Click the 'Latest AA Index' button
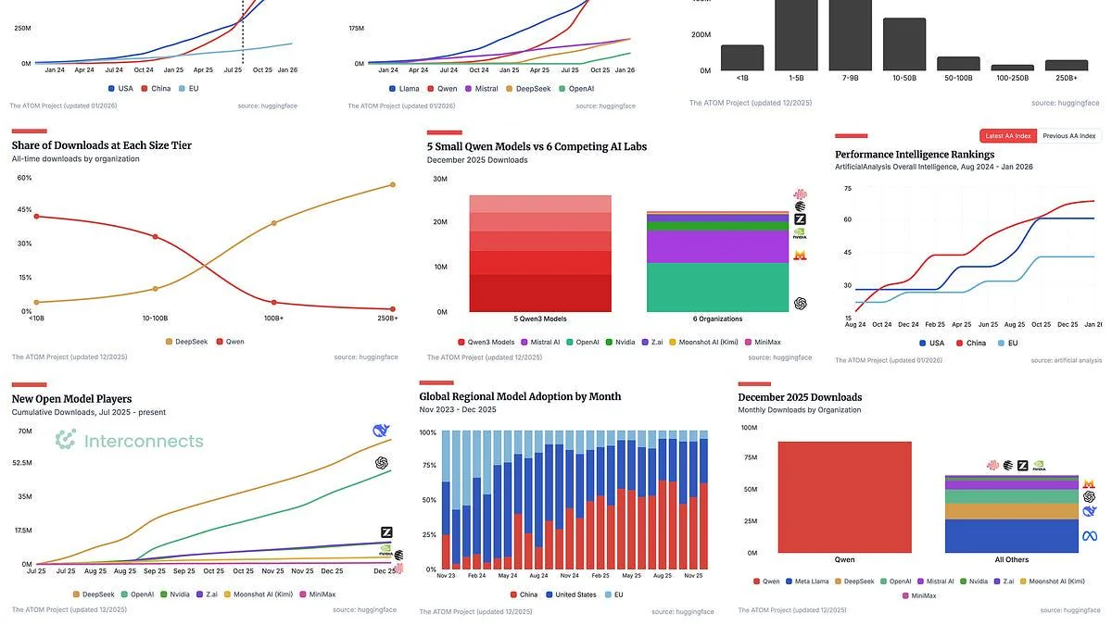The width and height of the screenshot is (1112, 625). coord(1008,136)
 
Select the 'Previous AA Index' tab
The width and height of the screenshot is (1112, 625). coord(1068,136)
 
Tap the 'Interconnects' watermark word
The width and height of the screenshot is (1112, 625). coord(144,441)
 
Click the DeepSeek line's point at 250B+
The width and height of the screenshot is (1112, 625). coord(393,184)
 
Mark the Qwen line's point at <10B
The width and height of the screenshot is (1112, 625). coord(36,217)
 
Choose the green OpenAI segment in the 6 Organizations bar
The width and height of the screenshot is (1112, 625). coord(717,287)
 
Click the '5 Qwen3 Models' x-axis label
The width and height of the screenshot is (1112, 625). coord(540,319)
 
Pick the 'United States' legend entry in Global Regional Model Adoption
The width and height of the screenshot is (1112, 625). coord(572,594)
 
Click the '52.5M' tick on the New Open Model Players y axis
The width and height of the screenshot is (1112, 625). coord(21,463)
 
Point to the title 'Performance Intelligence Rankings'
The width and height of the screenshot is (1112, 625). coord(915,155)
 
